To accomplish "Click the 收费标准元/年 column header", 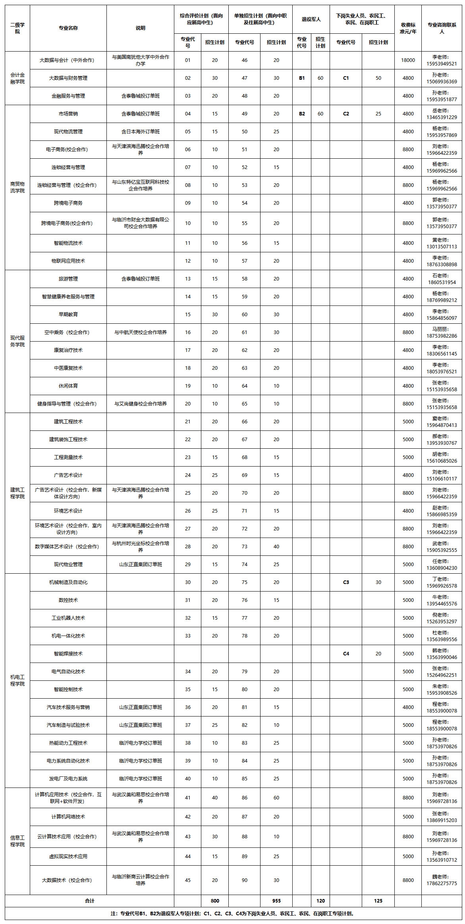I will [x=408, y=28].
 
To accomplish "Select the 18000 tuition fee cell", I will [x=408, y=60].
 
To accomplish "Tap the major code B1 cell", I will [x=302, y=78].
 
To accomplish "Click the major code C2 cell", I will [x=346, y=114].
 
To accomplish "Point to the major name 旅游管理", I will [x=68, y=279].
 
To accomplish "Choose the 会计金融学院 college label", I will [x=17, y=78].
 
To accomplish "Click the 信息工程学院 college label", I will [x=17, y=841].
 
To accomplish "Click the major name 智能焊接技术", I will [x=68, y=653].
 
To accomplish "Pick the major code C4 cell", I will [x=346, y=653].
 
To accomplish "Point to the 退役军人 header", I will [x=311, y=19].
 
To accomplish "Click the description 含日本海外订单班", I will [x=140, y=132].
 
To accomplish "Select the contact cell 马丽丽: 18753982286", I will [x=442, y=332].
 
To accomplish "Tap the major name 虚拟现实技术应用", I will [x=68, y=856].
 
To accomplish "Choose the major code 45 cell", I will [x=188, y=880].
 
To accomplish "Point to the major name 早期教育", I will [x=68, y=315].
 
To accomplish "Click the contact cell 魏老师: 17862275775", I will [x=442, y=880].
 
